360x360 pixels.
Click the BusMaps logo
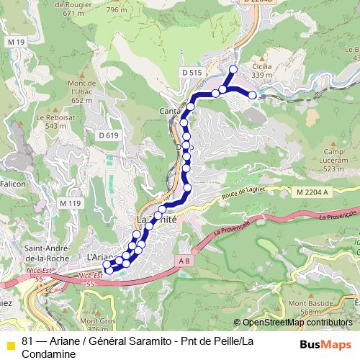(x=325, y=344)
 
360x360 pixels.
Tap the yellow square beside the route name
(x=10, y=344)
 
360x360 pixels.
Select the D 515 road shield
(x=192, y=73)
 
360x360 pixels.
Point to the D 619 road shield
(x=107, y=135)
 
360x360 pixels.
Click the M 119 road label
(x=70, y=203)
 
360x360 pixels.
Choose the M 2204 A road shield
(x=312, y=192)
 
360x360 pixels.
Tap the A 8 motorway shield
(x=184, y=261)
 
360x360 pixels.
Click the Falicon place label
(x=13, y=184)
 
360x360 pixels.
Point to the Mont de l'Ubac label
(x=81, y=91)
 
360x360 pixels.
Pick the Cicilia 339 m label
(x=262, y=70)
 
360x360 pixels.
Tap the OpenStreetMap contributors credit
(x=297, y=323)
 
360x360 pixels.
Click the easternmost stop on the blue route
(x=253, y=94)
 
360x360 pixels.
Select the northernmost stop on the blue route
(x=233, y=69)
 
